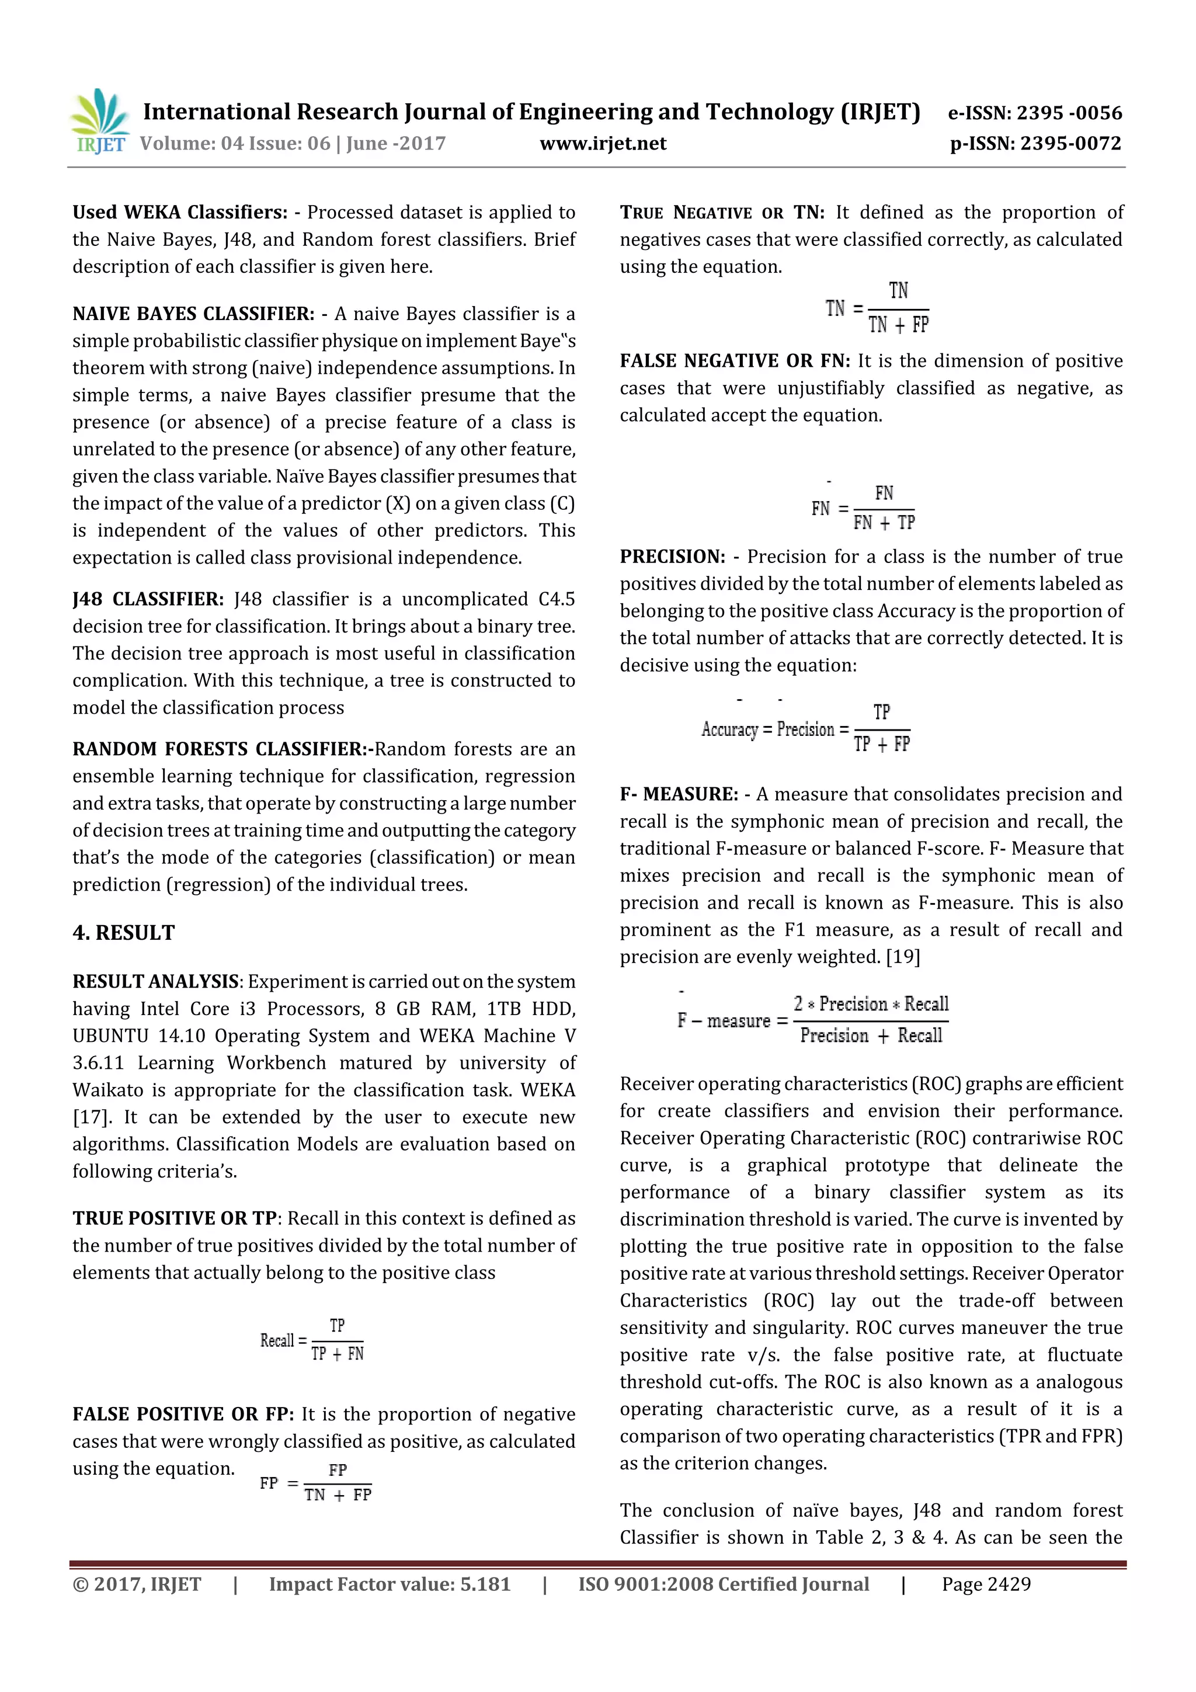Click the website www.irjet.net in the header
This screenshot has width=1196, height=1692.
coord(603,144)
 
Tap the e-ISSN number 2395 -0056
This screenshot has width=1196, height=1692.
coord(1069,113)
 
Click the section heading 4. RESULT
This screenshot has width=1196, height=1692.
coord(124,933)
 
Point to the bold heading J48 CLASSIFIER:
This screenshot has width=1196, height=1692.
coord(147,599)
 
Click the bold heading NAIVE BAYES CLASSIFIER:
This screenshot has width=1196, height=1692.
coord(193,314)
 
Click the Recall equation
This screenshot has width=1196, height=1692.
coord(312,1340)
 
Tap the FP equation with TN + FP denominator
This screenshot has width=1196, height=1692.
coord(315,1483)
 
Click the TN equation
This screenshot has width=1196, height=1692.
coord(877,308)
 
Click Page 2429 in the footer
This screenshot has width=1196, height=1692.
coord(986,1585)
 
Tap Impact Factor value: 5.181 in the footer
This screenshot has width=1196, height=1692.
coord(389,1585)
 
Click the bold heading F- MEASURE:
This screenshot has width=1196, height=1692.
coord(678,794)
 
